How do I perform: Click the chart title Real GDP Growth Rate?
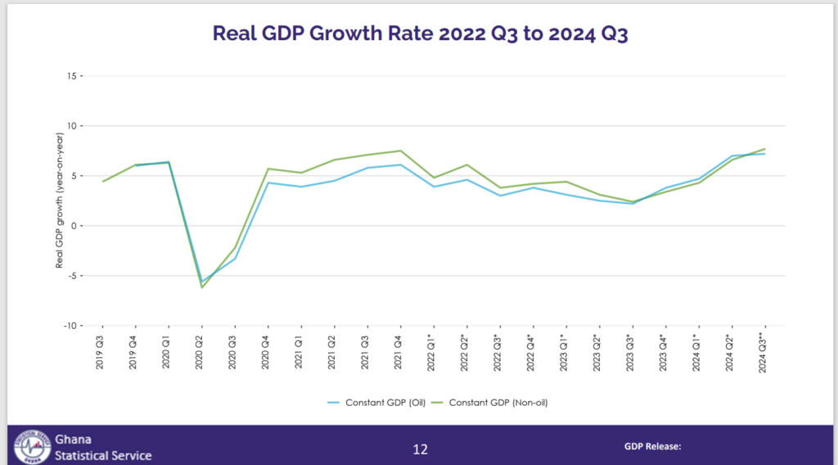[420, 33]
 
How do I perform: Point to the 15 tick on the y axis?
[73, 76]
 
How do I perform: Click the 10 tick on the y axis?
[73, 126]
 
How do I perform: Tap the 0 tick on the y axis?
[75, 225]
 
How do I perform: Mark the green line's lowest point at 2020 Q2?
[201, 287]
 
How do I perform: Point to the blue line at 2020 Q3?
[235, 259]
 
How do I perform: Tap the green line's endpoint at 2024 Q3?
[764, 149]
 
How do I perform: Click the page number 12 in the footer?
[420, 449]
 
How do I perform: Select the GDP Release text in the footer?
[653, 447]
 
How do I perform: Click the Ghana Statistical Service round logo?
[29, 447]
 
